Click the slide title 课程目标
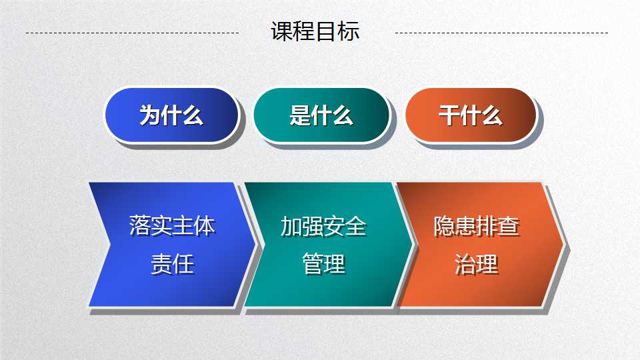point(315,31)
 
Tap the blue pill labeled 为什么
point(172,115)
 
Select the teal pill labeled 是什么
point(321,115)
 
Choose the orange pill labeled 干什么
point(471,115)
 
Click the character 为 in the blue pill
point(150,115)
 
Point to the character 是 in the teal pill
point(300,115)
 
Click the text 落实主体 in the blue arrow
point(172,225)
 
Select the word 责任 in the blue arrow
point(172,264)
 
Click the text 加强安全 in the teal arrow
point(323,226)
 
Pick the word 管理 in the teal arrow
point(324,264)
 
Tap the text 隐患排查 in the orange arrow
point(476,226)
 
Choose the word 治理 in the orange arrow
point(476,264)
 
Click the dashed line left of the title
point(132,33)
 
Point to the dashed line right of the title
point(501,33)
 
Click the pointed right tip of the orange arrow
point(564,245)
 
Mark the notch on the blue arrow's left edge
point(109,245)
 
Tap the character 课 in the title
point(282,31)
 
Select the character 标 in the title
point(349,31)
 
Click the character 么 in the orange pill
point(492,115)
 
